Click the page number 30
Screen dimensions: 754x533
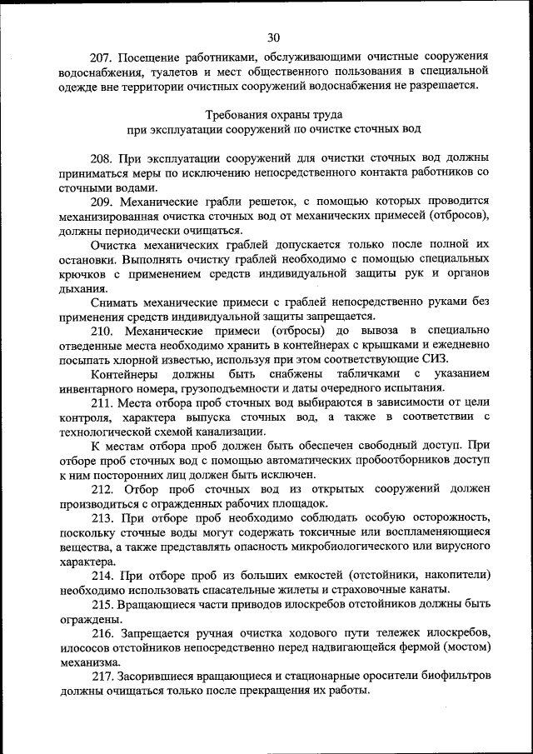click(274, 37)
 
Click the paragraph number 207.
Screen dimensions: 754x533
click(102, 58)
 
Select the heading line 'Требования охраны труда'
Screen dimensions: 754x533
click(273, 114)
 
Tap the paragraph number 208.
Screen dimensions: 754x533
click(102, 157)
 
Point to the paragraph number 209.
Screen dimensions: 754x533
click(102, 202)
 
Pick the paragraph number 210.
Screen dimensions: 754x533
click(102, 332)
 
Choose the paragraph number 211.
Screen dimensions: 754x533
click(102, 403)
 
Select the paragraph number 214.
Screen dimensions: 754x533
click(102, 576)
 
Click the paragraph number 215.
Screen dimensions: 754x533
click(102, 605)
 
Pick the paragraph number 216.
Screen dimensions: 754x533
click(102, 634)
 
